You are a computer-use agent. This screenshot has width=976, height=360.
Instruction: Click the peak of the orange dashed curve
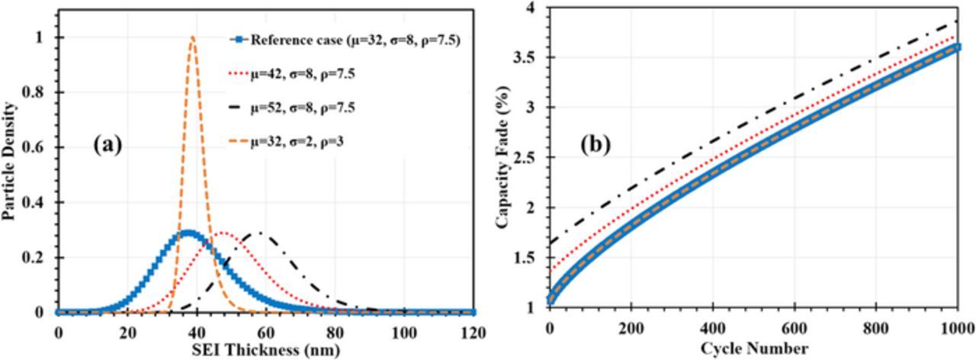(x=193, y=37)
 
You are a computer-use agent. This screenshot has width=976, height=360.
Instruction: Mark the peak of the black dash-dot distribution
(x=259, y=233)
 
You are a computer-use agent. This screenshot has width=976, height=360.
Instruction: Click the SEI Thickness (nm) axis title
(x=265, y=349)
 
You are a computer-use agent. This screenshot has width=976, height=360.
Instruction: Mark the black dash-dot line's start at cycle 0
(x=551, y=244)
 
